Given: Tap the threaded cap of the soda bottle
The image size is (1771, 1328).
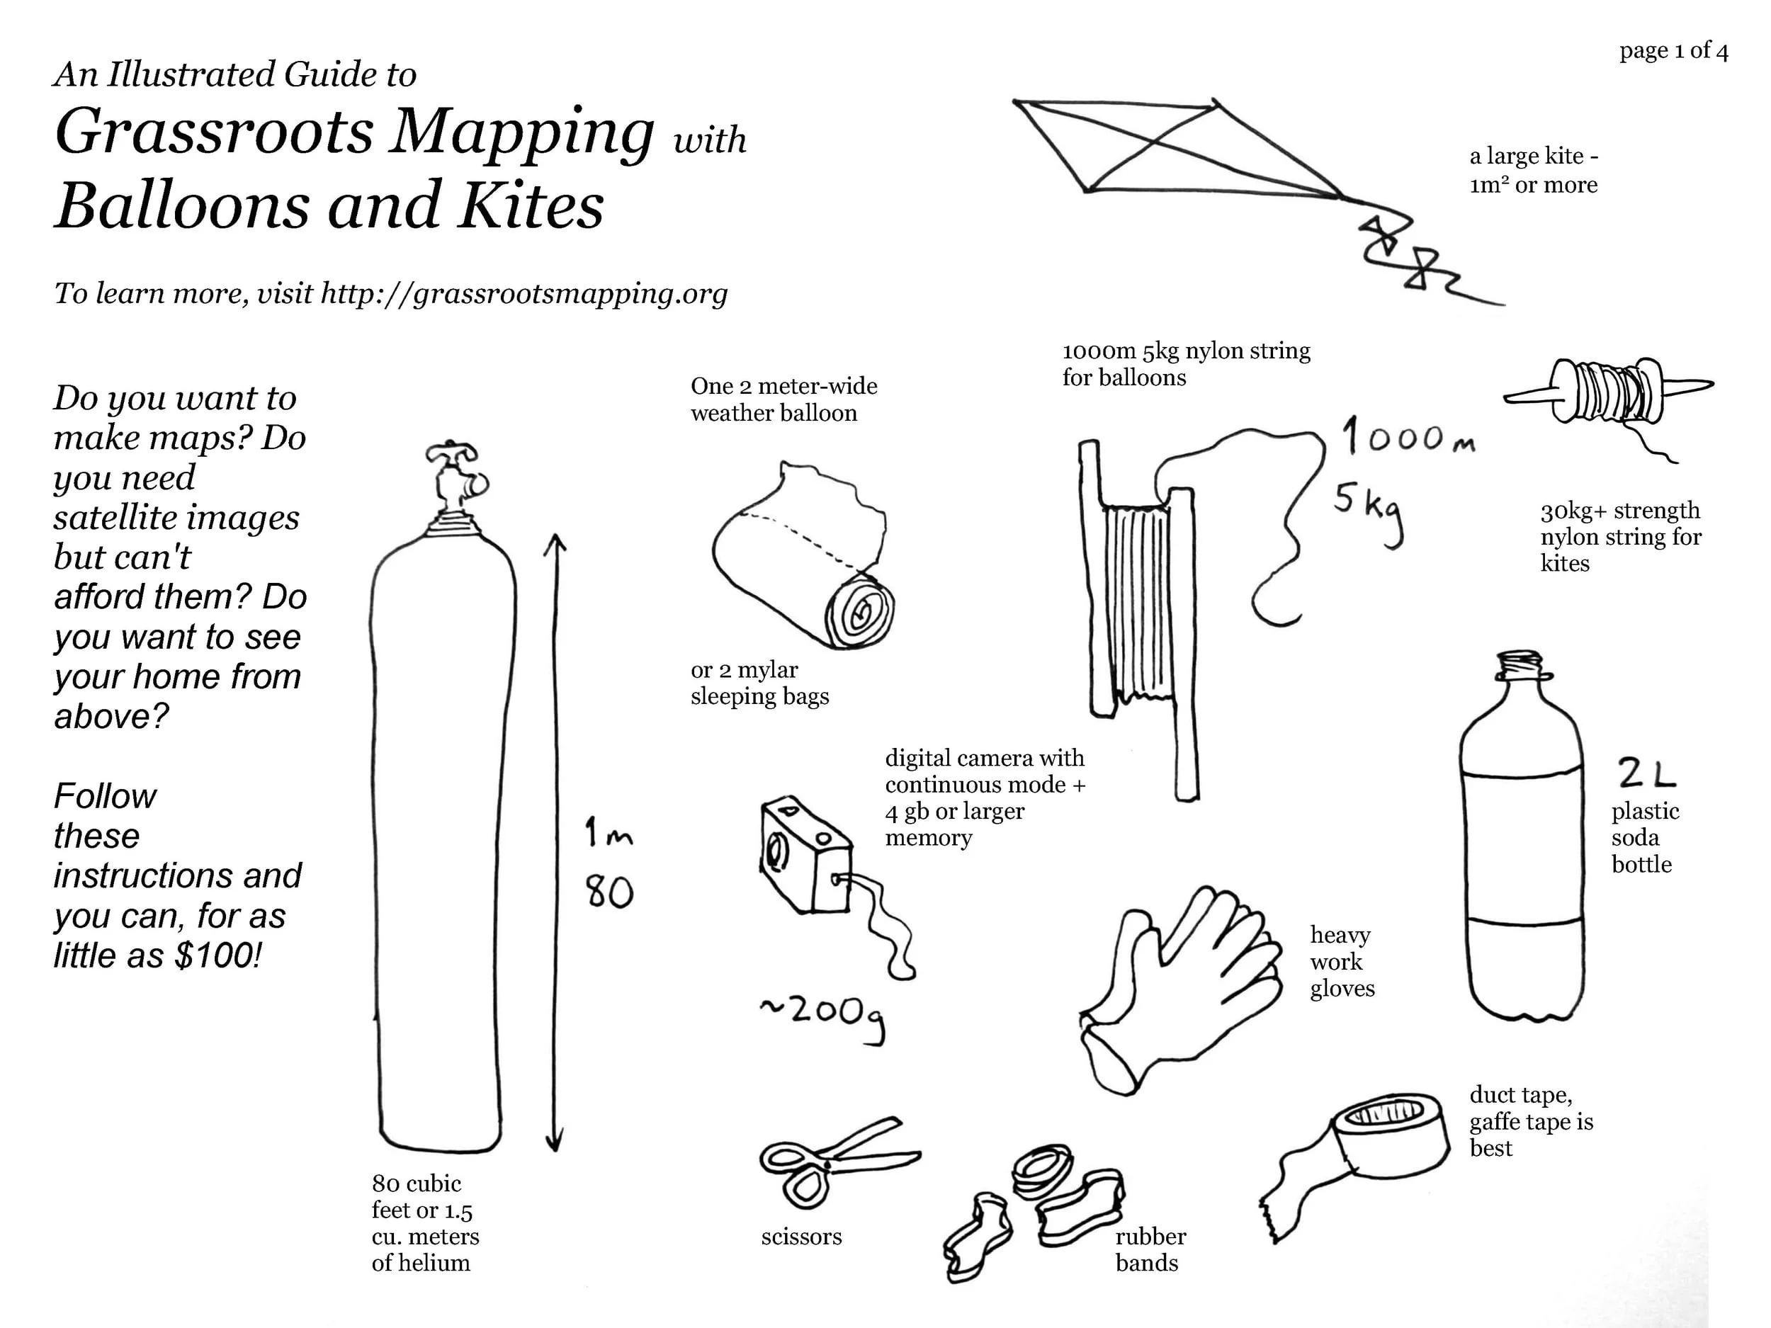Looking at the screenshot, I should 1519,663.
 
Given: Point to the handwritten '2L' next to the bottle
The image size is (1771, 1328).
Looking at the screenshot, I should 1646,773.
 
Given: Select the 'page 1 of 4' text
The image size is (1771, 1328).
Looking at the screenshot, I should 1673,50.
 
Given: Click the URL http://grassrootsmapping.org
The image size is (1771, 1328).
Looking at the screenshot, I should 524,294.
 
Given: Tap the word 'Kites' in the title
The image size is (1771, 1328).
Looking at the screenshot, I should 530,205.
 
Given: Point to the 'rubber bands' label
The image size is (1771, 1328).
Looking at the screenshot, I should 1150,1249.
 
